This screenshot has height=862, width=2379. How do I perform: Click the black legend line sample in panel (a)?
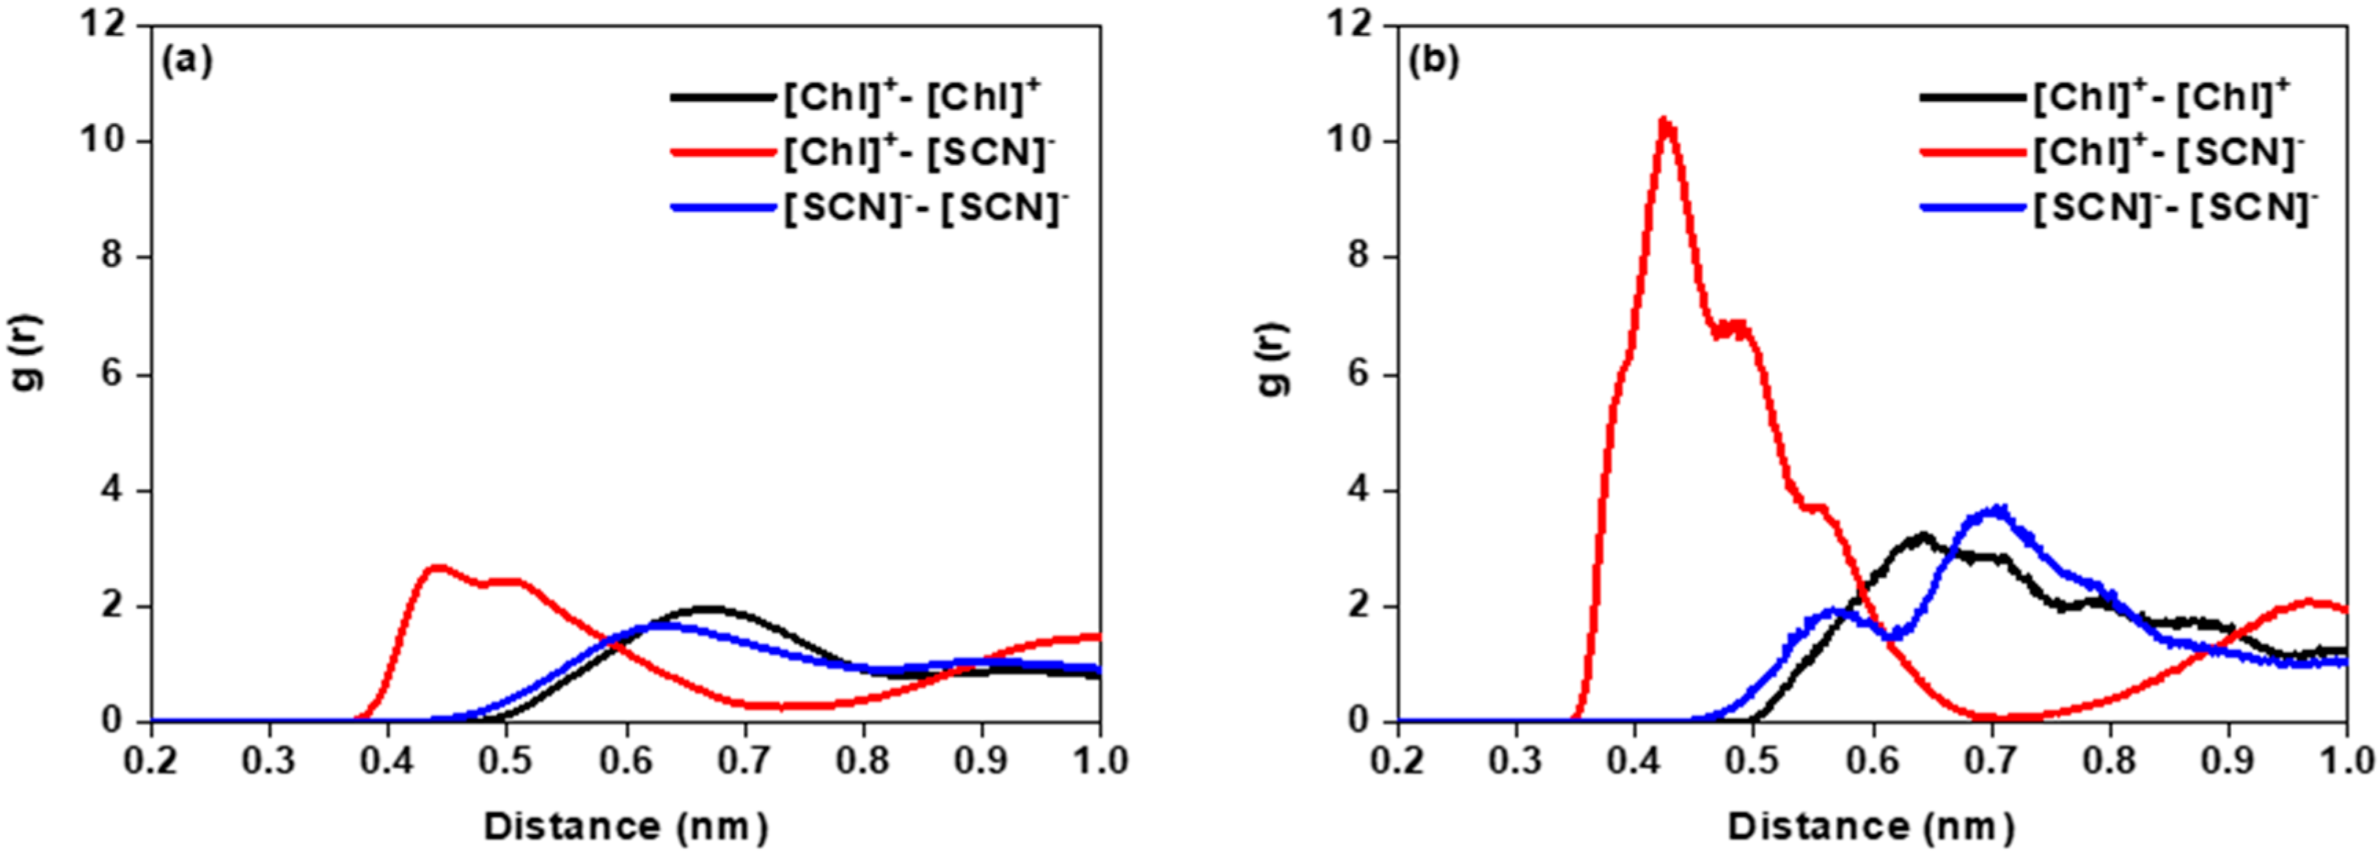coord(722,96)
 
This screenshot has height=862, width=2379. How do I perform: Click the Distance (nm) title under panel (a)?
coord(625,825)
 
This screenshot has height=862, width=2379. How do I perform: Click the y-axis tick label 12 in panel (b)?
coord(1349,24)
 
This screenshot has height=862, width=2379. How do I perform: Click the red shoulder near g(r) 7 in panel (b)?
coord(1733,329)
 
